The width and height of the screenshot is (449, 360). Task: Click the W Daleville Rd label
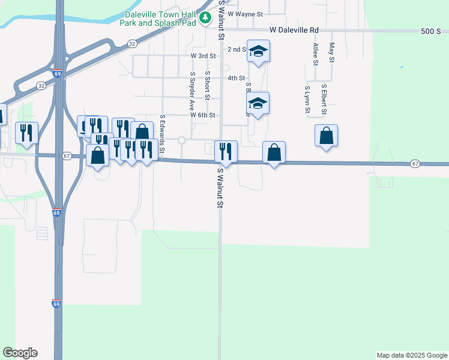click(294, 29)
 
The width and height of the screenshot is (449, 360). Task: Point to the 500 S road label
click(430, 31)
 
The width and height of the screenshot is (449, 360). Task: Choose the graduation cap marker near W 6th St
click(258, 104)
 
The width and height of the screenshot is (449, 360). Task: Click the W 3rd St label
click(202, 56)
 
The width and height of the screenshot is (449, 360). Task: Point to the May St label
click(331, 52)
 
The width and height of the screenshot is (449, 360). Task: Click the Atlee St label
click(315, 54)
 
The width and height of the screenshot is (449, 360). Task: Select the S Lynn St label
click(306, 99)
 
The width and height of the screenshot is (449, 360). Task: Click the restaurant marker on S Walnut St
click(226, 151)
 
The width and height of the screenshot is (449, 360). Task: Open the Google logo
click(20, 353)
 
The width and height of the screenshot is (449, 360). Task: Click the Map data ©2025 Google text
click(412, 355)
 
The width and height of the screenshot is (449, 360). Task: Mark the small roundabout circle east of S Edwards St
click(181, 140)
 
